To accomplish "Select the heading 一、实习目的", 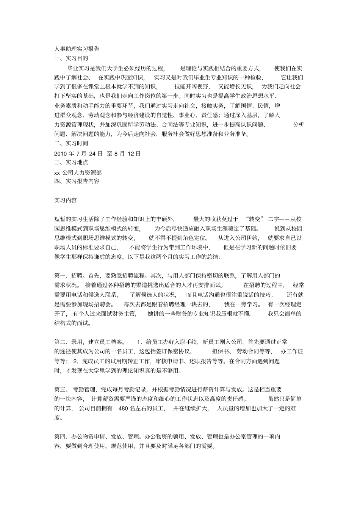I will coord(71,58).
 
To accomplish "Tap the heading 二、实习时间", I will coord(71,143).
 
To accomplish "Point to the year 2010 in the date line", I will coord(61,154).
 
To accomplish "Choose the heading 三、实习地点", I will coord(71,162).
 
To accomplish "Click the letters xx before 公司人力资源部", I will coord(57,173).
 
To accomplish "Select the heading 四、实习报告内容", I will coord(77,181).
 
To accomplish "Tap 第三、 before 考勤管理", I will coord(61,389).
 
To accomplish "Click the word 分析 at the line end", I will coord(298,125).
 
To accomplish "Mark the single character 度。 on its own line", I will coord(58,418).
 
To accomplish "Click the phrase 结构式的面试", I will coord(72,323).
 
